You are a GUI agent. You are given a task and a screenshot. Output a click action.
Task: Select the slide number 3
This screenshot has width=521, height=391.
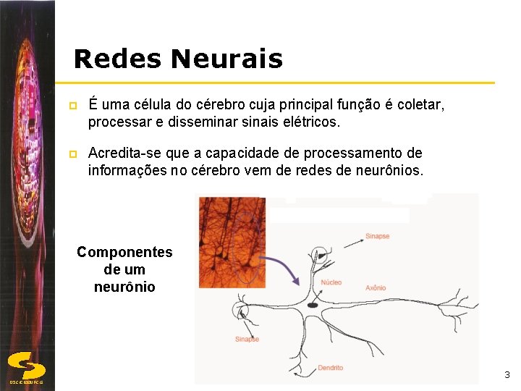(x=507, y=374)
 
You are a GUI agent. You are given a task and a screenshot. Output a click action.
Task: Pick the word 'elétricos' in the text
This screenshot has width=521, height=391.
(x=308, y=122)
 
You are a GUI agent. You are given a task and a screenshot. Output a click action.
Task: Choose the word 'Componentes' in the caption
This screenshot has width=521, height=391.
(x=124, y=252)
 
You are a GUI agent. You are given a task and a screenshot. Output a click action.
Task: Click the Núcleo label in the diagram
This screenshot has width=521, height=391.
(x=331, y=282)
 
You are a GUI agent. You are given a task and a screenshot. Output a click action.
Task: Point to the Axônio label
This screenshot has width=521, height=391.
(x=376, y=287)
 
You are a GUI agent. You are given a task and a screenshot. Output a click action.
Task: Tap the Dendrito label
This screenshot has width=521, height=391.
(x=330, y=368)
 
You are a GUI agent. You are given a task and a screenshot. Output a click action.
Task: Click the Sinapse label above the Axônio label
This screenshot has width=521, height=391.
(x=377, y=236)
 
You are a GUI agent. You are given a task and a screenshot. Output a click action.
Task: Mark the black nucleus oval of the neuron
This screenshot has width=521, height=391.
(x=313, y=306)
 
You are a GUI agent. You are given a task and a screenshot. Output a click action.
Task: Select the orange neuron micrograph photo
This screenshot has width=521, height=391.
(x=232, y=243)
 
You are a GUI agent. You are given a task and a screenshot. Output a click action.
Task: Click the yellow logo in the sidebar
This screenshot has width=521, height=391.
(x=27, y=364)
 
